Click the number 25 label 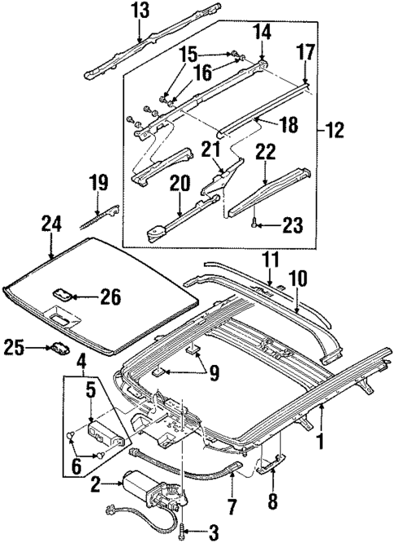tap(14, 346)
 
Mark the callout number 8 tap(271, 498)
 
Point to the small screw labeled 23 tap(256, 221)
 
